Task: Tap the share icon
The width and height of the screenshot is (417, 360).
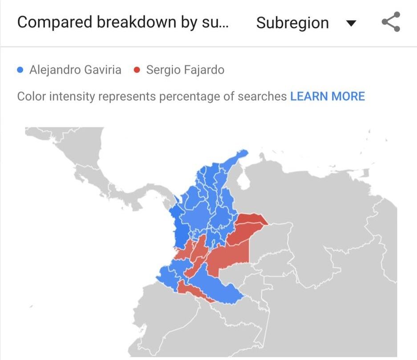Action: pyautogui.click(x=391, y=22)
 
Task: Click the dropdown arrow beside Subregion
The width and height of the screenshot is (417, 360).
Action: pyautogui.click(x=351, y=23)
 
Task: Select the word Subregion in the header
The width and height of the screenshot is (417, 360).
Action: pyautogui.click(x=292, y=23)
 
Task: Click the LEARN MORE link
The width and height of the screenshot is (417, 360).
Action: pyautogui.click(x=327, y=96)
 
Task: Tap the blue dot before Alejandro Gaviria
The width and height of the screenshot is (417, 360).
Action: pyautogui.click(x=20, y=70)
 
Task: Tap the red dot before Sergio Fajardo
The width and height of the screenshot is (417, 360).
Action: pyautogui.click(x=137, y=70)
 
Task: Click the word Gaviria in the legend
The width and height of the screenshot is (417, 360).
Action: pyautogui.click(x=104, y=70)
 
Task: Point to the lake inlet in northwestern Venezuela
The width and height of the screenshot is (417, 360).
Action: pyautogui.click(x=244, y=181)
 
